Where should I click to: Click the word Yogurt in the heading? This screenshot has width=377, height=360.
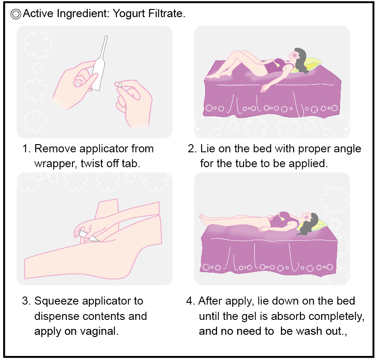click(x=129, y=14)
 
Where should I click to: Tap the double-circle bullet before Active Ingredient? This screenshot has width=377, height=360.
click(x=16, y=14)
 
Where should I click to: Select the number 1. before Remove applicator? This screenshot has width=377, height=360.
click(x=26, y=149)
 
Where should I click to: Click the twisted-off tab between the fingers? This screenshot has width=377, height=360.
click(x=120, y=85)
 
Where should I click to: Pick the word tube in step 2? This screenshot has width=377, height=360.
click(x=246, y=164)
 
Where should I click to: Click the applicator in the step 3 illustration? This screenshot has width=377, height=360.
click(x=88, y=236)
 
